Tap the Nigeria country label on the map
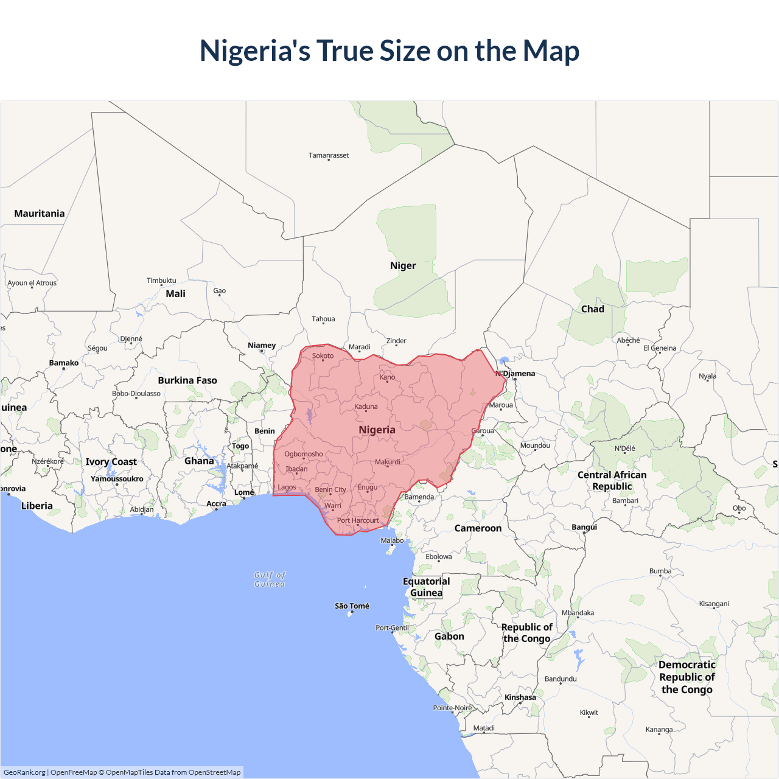377,430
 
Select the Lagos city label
287,487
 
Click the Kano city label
387,377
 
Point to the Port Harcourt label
358,520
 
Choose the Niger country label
403,266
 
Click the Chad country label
592,309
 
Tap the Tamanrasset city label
329,155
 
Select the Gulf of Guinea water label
270,579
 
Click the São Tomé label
352,606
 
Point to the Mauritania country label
40,214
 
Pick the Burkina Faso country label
187,380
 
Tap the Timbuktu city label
161,281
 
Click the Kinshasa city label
520,697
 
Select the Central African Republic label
612,481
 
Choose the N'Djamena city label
515,374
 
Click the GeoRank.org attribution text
24,772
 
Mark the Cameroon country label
478,528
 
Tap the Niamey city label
262,346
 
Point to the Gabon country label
449,637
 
